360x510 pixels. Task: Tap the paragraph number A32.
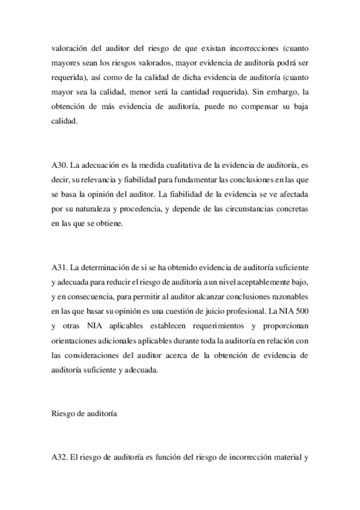tap(59, 456)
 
